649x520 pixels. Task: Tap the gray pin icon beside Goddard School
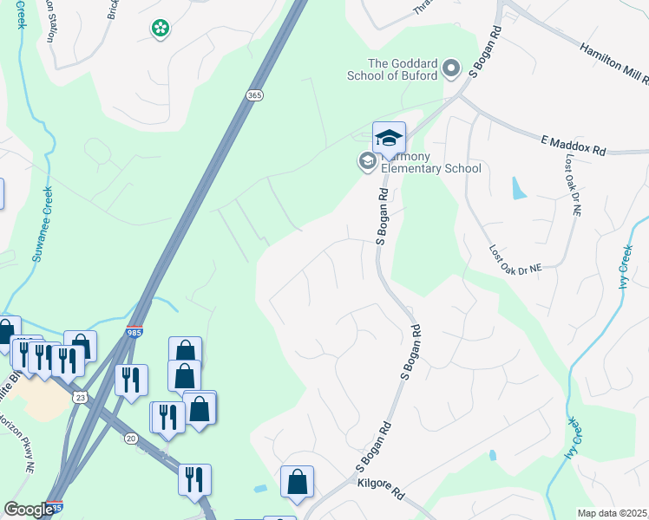pos(451,68)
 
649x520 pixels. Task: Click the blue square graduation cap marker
pos(389,137)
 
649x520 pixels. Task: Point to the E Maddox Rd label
pos(573,145)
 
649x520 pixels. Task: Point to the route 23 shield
pos(80,397)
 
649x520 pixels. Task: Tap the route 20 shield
pos(132,439)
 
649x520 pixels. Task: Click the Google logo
pos(29,510)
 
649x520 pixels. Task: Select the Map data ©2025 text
pos(612,513)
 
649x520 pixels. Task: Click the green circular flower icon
pos(160,29)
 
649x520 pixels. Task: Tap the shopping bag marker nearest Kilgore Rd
pos(297,482)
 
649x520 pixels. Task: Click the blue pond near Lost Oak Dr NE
pos(519,187)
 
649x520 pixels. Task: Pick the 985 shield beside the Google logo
pos(55,508)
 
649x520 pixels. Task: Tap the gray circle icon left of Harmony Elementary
pos(367,161)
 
